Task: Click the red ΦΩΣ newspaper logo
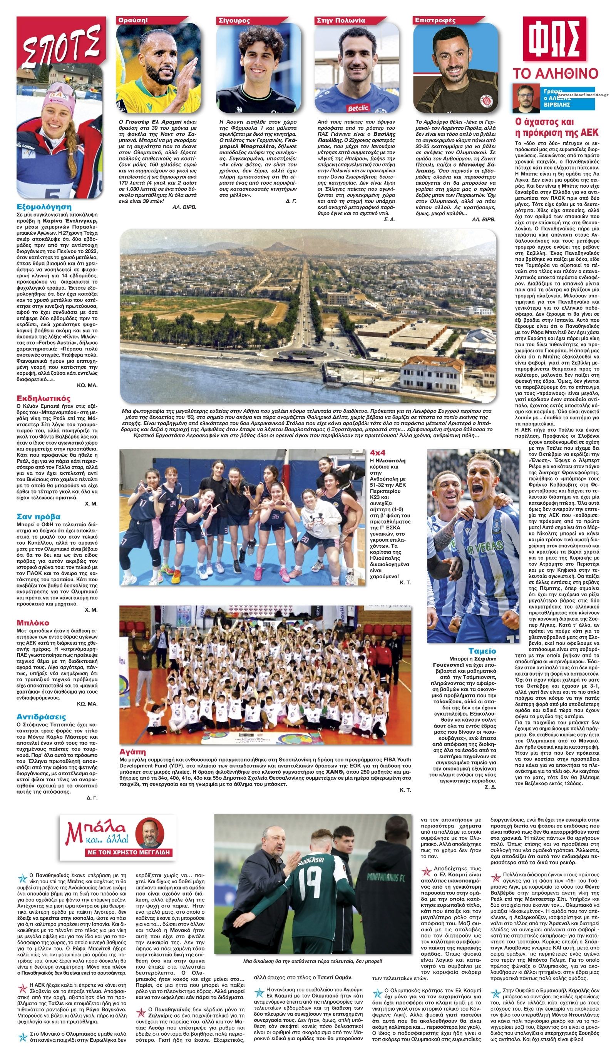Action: click(x=554, y=39)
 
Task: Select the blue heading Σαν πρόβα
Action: click(x=38, y=517)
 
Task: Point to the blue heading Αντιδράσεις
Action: click(x=41, y=717)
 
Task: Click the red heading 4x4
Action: click(x=378, y=453)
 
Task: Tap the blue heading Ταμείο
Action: click(x=482, y=651)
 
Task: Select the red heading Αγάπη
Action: click(x=132, y=752)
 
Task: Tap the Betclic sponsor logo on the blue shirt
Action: click(x=357, y=108)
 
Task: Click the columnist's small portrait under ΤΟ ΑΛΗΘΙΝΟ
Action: click(x=526, y=98)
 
